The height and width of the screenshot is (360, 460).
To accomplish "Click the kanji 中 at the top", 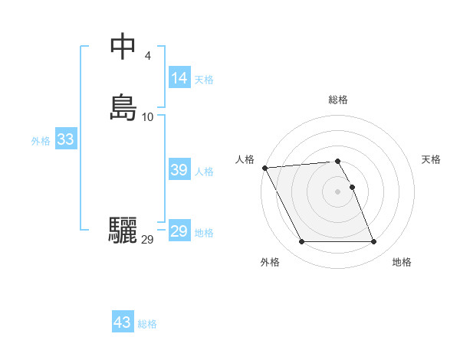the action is [123, 47].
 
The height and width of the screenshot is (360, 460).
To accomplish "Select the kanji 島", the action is [123, 108].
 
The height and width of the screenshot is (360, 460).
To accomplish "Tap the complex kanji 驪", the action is [123, 231].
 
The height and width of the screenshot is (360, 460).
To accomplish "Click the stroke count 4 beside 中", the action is [147, 55].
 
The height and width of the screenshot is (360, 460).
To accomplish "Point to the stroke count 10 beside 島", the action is [148, 116].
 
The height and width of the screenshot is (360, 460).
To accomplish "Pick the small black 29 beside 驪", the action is [148, 239].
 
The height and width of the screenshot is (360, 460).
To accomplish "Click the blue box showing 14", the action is [179, 78].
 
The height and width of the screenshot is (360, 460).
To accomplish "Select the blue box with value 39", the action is [179, 170].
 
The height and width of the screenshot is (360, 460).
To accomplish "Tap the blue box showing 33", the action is [65, 139].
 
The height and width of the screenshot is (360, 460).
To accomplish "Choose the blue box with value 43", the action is [123, 322].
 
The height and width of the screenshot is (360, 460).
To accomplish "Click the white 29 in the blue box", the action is [179, 231].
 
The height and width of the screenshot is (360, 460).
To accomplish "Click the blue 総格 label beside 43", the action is [147, 324].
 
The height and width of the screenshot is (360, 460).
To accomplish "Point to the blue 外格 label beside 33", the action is [41, 141].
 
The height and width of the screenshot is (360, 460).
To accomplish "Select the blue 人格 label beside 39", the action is [205, 172].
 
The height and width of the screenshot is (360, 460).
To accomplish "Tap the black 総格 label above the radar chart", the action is [338, 100].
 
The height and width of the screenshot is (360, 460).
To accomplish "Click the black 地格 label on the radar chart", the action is [402, 262].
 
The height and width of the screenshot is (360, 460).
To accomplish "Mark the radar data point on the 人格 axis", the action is [264, 168].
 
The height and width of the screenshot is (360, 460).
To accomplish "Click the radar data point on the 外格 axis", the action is [301, 242].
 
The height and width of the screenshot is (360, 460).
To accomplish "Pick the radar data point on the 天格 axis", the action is [352, 187].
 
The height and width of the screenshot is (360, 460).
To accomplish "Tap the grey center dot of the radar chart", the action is [338, 191].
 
